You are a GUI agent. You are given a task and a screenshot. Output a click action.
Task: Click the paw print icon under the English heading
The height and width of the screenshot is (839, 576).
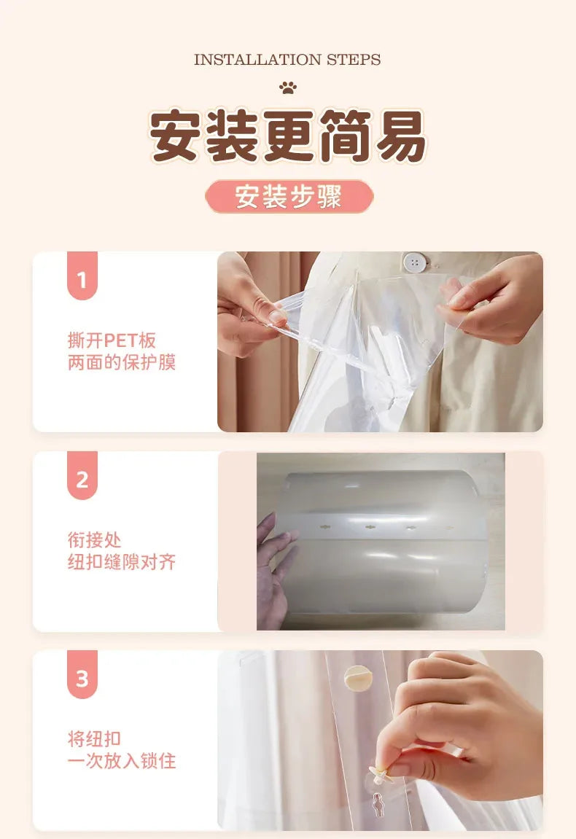tap(288, 87)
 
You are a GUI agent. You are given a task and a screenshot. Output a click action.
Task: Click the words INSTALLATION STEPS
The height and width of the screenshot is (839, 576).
tap(287, 59)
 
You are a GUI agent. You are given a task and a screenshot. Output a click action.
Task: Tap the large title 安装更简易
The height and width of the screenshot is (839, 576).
tap(288, 136)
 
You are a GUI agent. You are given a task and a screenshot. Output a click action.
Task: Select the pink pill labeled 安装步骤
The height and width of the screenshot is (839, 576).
tap(289, 196)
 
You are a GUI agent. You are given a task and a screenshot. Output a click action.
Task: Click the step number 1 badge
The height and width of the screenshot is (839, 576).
tap(82, 276)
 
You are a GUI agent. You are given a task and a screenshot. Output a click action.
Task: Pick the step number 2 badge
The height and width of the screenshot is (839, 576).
tap(82, 476)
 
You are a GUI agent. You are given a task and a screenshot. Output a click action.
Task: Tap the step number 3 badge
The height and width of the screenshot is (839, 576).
tap(82, 675)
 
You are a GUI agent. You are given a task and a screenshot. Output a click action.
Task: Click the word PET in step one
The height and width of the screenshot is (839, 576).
tap(120, 340)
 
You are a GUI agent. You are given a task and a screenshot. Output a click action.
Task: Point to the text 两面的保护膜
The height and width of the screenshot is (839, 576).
tap(122, 362)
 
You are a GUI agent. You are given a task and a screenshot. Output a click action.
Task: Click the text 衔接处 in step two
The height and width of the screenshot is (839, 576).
tap(94, 540)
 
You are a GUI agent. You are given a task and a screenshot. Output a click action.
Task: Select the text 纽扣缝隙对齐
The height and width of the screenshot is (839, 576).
tap(122, 562)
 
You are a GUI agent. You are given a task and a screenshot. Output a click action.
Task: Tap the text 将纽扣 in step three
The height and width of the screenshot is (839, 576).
tap(94, 739)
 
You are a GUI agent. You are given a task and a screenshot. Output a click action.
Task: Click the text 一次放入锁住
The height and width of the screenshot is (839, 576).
tap(122, 761)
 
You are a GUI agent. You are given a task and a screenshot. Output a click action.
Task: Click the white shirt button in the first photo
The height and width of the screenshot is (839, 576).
tap(414, 262)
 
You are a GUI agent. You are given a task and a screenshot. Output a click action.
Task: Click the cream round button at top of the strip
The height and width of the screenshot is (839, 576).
tap(358, 677)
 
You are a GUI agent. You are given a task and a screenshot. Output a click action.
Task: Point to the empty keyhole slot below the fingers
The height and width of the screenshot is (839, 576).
tap(378, 804)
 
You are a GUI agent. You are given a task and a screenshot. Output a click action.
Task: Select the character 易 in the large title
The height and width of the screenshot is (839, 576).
tap(401, 136)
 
